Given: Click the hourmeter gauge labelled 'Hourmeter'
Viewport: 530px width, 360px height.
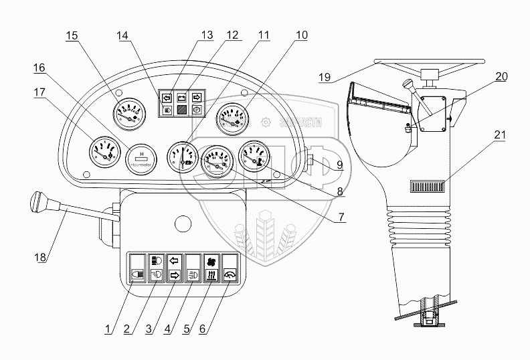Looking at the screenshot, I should (x=141, y=158).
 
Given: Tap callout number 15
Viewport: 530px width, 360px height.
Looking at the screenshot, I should (x=71, y=36).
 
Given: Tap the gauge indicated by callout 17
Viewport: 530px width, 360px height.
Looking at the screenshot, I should (x=103, y=152).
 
